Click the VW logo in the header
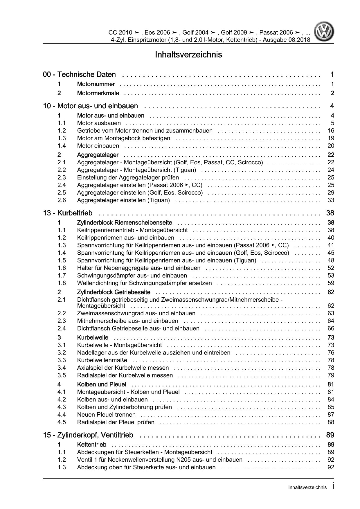(x=325, y=33)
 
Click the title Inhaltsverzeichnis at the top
(x=188, y=55)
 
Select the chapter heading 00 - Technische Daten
(x=79, y=75)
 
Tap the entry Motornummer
(x=96, y=84)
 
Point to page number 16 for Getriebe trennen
(x=331, y=131)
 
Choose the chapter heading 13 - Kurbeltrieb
(x=68, y=213)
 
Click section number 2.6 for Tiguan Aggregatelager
(x=62, y=200)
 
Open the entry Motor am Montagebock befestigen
(x=123, y=138)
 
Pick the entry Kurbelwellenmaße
(x=102, y=360)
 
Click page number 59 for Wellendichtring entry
(x=331, y=283)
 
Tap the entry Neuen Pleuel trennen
(x=106, y=415)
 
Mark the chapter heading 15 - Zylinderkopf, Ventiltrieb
(x=88, y=435)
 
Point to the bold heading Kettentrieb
(x=92, y=445)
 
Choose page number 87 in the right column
(x=331, y=415)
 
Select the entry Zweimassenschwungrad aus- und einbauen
(x=136, y=313)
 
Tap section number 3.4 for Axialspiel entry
(x=62, y=368)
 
